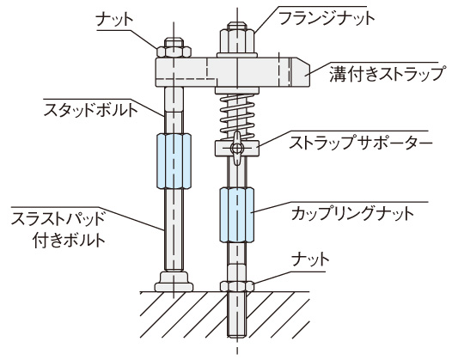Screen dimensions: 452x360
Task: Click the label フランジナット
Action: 327,18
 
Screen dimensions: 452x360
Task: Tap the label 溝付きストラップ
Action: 387,74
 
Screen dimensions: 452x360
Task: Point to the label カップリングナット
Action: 352,214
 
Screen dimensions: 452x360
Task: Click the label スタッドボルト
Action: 91,110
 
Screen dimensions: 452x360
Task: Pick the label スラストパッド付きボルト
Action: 58,229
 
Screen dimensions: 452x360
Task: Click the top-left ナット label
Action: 115,20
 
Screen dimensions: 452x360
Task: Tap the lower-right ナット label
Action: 310,259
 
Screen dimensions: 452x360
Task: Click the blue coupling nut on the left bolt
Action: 174,161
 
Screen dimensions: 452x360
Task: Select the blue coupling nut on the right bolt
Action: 236,215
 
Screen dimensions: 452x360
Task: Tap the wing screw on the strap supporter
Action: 236,148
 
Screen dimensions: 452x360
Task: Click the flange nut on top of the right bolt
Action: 237,40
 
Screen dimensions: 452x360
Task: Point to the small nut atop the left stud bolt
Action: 174,47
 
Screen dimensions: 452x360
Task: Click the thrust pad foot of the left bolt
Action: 174,281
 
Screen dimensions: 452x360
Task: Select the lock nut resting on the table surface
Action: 237,285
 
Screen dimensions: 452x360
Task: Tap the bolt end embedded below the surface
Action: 237,314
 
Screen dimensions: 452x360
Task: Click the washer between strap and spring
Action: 237,90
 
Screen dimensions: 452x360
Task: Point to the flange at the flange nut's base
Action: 237,55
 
